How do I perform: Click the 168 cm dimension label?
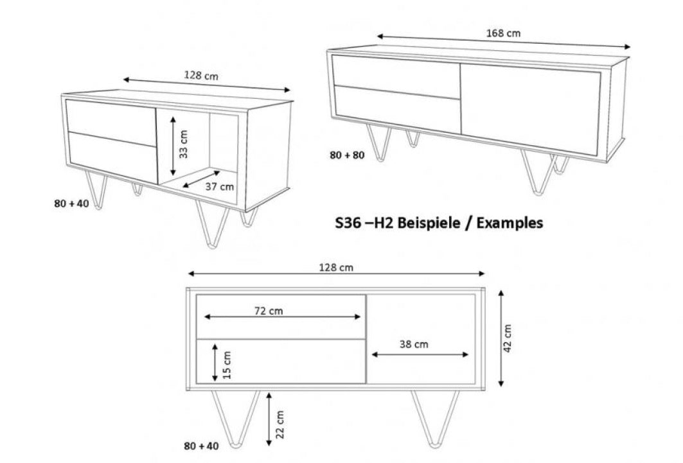pyautogui.click(x=503, y=33)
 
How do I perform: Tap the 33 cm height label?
pyautogui.click(x=183, y=144)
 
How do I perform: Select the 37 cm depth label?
pyautogui.click(x=220, y=187)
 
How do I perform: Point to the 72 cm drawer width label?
pyautogui.click(x=269, y=311)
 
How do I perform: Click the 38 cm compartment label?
pyautogui.click(x=414, y=344)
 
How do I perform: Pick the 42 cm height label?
pyautogui.click(x=507, y=338)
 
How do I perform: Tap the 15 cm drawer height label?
pyautogui.click(x=227, y=365)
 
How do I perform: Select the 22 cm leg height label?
pyautogui.click(x=280, y=424)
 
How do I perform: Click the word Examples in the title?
pyautogui.click(x=510, y=223)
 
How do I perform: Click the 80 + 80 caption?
pyautogui.click(x=347, y=155)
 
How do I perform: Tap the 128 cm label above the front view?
pyautogui.click(x=336, y=267)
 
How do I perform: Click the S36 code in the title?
pyautogui.click(x=348, y=223)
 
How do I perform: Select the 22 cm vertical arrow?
pyautogui.click(x=269, y=419)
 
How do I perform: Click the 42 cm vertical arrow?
pyautogui.click(x=501, y=338)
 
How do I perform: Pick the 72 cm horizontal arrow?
pyautogui.click(x=282, y=317)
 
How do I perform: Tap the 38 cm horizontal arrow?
pyautogui.click(x=420, y=354)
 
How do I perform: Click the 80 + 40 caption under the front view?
pyautogui.click(x=201, y=446)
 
